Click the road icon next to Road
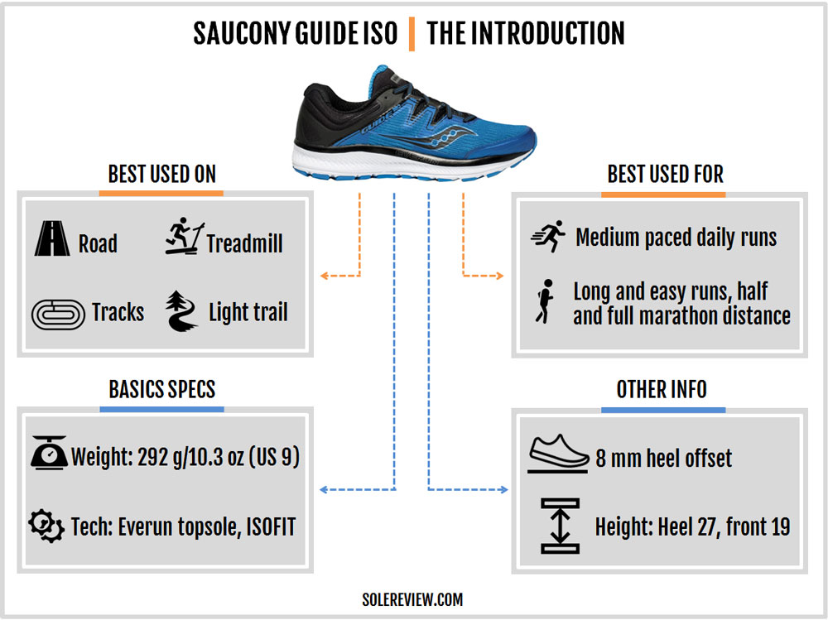[51, 238]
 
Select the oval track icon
[58, 315]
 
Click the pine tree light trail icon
[181, 311]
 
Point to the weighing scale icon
[49, 453]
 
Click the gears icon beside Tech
[46, 526]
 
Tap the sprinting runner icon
[547, 236]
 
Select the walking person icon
[545, 301]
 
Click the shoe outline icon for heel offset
[558, 453]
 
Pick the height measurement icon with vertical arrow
[560, 526]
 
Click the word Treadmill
[244, 243]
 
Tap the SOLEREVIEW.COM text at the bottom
[412, 599]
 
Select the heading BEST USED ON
[162, 174]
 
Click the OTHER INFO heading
[662, 389]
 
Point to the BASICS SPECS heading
[162, 389]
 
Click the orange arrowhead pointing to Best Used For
[499, 275]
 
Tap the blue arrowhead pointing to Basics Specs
[325, 489]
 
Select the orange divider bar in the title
[412, 34]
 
